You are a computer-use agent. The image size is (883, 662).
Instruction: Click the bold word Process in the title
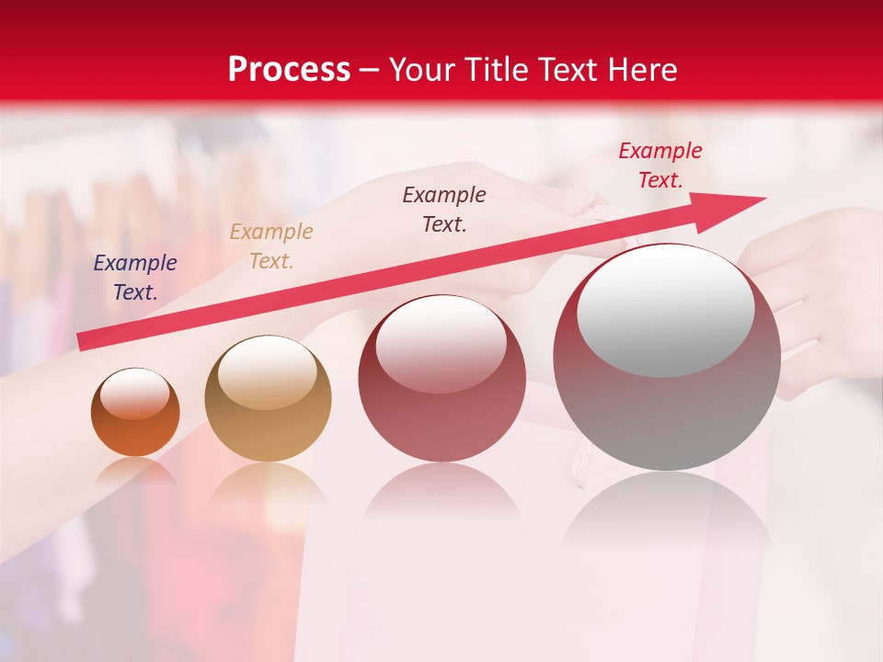point(289,70)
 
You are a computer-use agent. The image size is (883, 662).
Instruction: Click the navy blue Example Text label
point(135,278)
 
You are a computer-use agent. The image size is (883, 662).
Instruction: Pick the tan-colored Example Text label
point(271,246)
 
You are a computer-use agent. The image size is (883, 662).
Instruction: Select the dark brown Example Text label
point(444,210)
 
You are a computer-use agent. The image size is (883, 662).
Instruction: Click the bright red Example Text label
point(659,165)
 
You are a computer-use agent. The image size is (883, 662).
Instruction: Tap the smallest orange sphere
point(135,432)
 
